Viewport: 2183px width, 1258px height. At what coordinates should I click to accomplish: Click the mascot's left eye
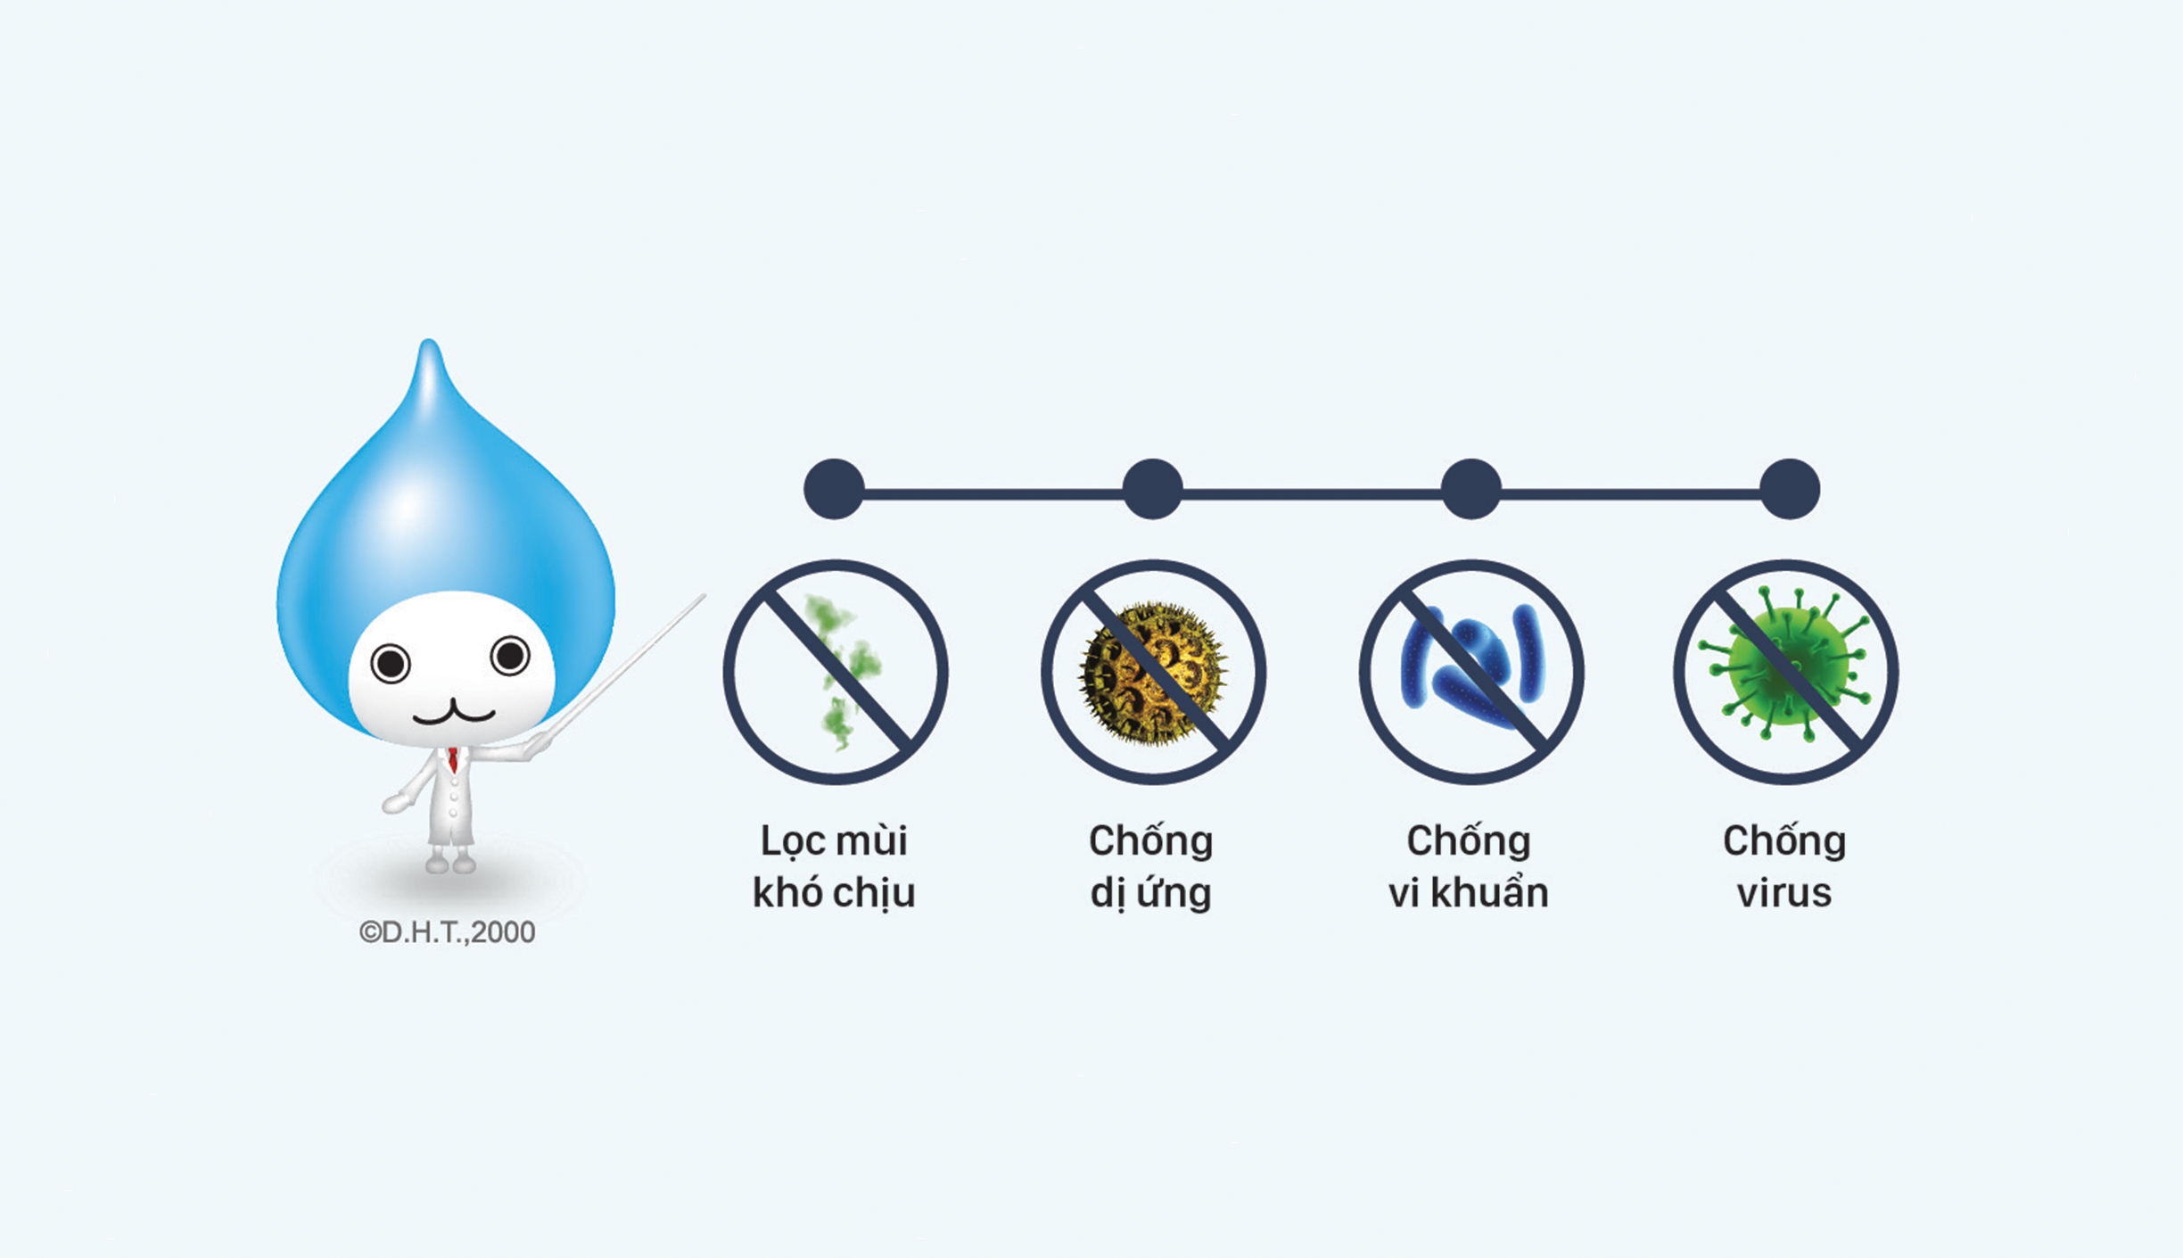(x=390, y=664)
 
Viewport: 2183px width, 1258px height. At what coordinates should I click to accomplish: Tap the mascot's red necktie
(x=453, y=760)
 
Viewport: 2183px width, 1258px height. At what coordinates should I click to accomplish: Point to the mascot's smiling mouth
(x=453, y=712)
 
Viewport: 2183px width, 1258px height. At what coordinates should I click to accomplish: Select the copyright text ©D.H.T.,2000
(x=447, y=932)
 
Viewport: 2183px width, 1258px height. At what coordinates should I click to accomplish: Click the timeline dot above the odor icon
(x=834, y=489)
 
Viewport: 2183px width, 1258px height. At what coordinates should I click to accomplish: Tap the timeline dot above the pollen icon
(x=1152, y=489)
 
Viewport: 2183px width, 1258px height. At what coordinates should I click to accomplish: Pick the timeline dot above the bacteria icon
(x=1470, y=489)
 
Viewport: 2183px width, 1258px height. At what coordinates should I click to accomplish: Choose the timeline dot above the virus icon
(x=1789, y=489)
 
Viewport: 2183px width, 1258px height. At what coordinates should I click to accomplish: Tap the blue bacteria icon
(x=1470, y=665)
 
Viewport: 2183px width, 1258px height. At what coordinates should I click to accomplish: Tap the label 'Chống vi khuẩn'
(x=1469, y=865)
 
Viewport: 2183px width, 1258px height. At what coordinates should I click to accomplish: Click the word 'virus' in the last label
(x=1784, y=893)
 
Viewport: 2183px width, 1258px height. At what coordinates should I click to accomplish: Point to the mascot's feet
(x=450, y=863)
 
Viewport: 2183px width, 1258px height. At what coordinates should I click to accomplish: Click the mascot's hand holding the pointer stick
(x=537, y=745)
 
